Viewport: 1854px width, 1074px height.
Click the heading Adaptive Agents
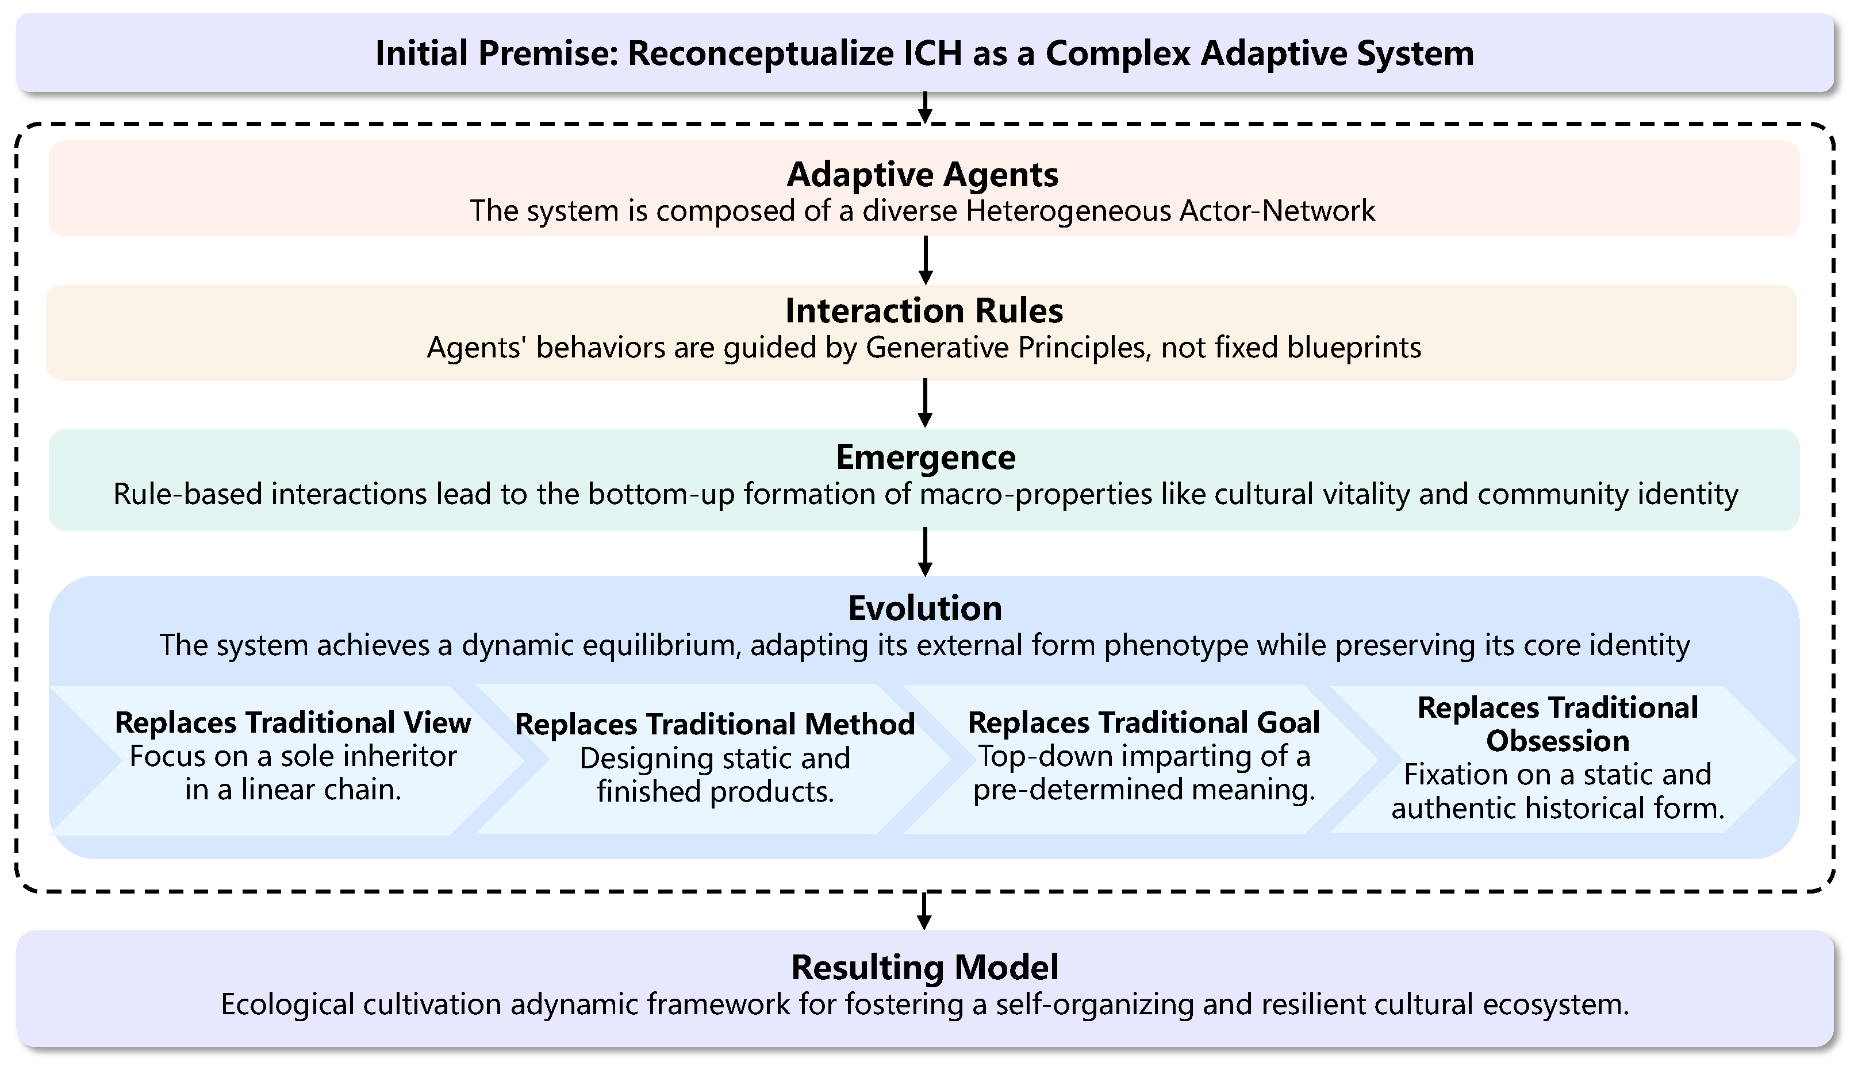[923, 175]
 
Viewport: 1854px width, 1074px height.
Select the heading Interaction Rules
[924, 311]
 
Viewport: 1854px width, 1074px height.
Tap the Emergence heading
[926, 457]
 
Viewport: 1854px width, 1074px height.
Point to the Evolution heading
[925, 609]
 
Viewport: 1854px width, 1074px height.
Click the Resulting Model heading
[925, 967]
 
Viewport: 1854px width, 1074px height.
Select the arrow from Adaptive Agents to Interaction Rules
[926, 260]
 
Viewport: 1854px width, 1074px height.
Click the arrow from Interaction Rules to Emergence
[926, 403]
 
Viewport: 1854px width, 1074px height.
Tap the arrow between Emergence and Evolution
[926, 552]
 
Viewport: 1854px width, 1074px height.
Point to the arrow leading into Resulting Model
[925, 911]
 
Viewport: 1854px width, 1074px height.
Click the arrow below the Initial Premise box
[926, 107]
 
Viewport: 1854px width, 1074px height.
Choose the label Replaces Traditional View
[293, 723]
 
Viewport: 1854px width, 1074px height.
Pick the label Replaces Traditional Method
[715, 725]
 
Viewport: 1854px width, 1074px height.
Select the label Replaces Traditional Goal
[1143, 723]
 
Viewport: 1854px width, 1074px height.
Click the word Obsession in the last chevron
[1557, 741]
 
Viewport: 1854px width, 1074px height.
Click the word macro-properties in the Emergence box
[1036, 494]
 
